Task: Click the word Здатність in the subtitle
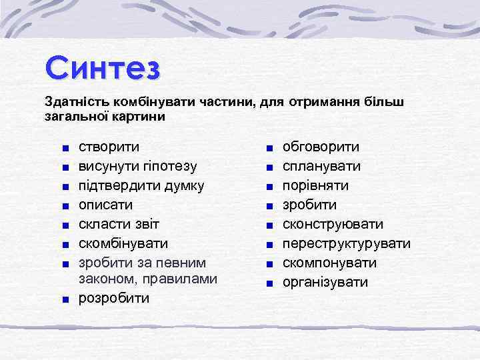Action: click(x=73, y=101)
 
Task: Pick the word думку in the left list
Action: click(x=183, y=185)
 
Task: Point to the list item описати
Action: click(x=106, y=205)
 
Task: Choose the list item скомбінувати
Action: click(x=123, y=243)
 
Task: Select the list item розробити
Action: click(x=114, y=297)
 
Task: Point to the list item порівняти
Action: click(x=315, y=185)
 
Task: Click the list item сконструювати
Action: click(x=333, y=224)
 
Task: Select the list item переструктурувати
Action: click(x=347, y=243)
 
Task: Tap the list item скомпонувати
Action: click(x=329, y=263)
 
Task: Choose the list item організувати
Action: click(x=325, y=282)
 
